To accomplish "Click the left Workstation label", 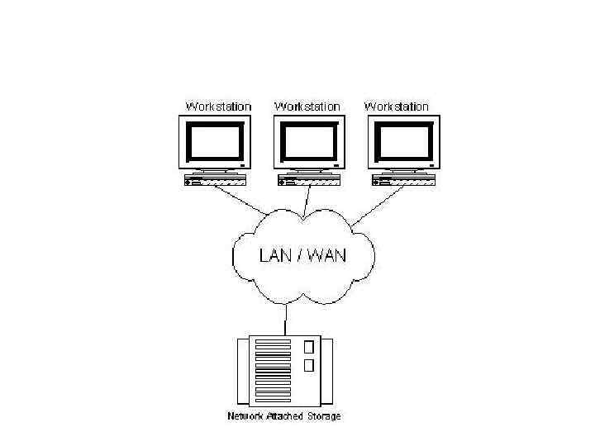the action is click(218, 107).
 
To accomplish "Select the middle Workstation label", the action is click(307, 107).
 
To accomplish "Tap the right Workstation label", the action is click(397, 107).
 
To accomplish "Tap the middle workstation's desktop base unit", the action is click(309, 180).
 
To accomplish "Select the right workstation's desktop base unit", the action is click(403, 180).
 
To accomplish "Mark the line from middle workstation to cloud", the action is click(307, 199).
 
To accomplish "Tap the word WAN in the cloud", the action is click(328, 255).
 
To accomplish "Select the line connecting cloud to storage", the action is click(286, 318).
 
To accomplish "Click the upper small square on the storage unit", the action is click(309, 347).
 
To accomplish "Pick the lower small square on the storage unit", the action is click(309, 366).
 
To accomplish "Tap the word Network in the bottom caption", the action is click(245, 415).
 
